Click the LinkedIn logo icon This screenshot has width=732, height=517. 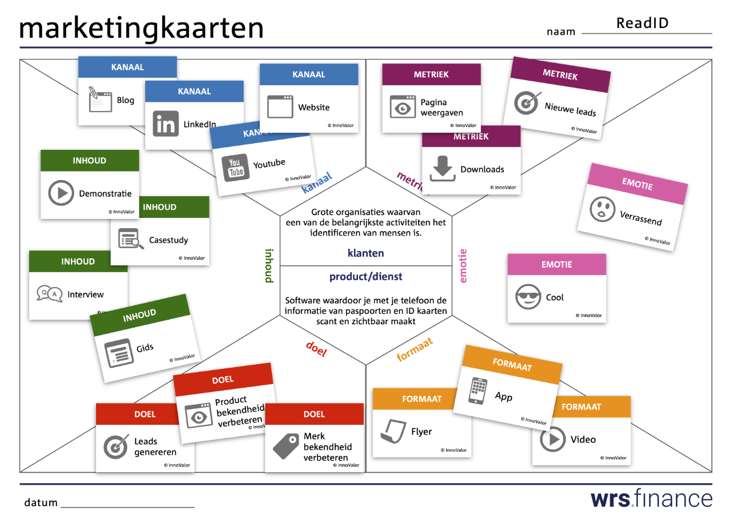(x=165, y=124)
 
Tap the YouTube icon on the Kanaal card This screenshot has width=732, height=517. (x=235, y=168)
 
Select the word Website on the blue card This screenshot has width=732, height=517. (x=314, y=108)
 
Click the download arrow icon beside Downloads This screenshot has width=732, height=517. (x=443, y=169)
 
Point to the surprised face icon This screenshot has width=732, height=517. (x=602, y=210)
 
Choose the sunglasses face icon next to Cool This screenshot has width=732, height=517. (x=528, y=297)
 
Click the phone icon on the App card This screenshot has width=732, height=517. (x=478, y=391)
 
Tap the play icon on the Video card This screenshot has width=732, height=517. (x=552, y=440)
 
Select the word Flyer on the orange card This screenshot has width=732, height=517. (x=421, y=432)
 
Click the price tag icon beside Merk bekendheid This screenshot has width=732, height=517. (x=286, y=446)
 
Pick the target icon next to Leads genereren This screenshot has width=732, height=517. (x=116, y=447)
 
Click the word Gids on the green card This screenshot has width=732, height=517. (x=145, y=348)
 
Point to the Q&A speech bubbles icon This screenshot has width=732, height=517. (x=49, y=295)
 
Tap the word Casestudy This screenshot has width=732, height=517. (x=169, y=240)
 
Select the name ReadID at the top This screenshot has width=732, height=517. (x=642, y=23)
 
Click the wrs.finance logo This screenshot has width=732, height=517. (x=651, y=498)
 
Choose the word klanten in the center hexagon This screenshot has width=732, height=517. (x=366, y=253)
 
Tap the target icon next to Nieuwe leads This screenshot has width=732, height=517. (x=526, y=104)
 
